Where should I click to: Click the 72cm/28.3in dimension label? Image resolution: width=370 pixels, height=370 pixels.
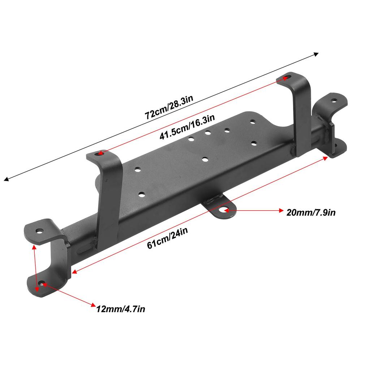(x=169, y=107)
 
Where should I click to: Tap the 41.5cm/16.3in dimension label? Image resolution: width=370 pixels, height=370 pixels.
(x=187, y=127)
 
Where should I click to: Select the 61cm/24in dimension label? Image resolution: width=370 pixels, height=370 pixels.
(x=167, y=238)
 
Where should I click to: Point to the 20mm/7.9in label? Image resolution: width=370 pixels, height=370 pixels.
(x=311, y=212)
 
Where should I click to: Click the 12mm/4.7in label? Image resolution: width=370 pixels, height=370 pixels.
(x=121, y=309)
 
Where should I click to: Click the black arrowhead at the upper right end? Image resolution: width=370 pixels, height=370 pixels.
(x=316, y=55)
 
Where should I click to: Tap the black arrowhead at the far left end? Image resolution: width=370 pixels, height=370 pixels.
(x=7, y=179)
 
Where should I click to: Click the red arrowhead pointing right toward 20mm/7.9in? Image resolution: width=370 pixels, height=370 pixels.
(x=281, y=210)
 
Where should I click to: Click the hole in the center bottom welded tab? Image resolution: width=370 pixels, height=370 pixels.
(x=226, y=210)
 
